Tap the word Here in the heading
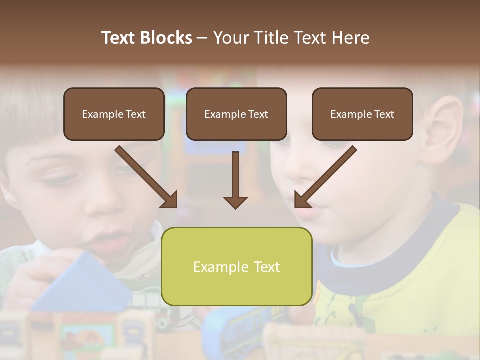pyautogui.click(x=349, y=38)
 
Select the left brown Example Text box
pyautogui.click(x=114, y=114)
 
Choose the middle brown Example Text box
pyautogui.click(x=236, y=114)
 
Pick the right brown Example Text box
pyautogui.click(x=362, y=114)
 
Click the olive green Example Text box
pyautogui.click(x=236, y=266)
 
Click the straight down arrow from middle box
pyautogui.click(x=235, y=180)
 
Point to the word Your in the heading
pyautogui.click(x=230, y=38)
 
